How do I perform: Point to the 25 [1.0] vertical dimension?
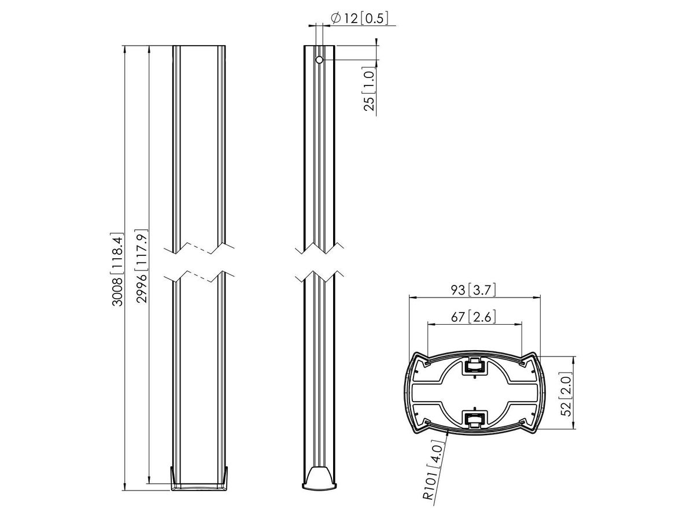pyautogui.click(x=370, y=87)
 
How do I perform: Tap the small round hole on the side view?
pyautogui.click(x=319, y=60)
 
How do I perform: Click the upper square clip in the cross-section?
pyautogui.click(x=474, y=366)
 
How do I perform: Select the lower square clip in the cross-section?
pyautogui.click(x=474, y=418)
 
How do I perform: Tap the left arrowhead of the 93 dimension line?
pyautogui.click(x=412, y=298)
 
